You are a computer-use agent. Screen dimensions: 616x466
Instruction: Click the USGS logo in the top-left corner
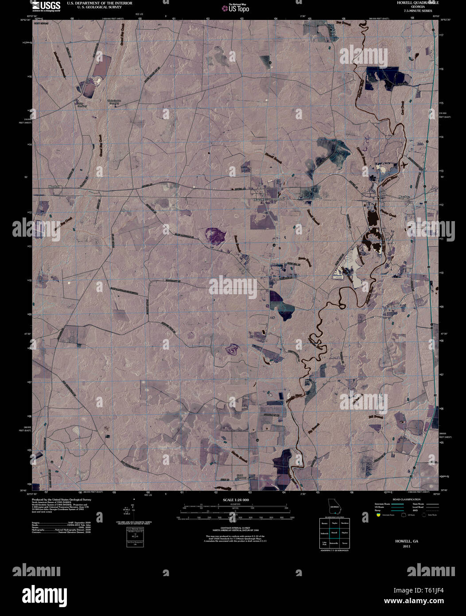click(46, 6)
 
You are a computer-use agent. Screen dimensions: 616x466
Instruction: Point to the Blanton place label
click(52, 187)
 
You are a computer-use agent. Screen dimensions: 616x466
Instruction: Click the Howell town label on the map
click(258, 200)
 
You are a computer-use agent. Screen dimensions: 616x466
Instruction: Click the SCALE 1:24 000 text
click(233, 500)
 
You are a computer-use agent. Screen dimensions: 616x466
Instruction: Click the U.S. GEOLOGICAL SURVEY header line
click(94, 7)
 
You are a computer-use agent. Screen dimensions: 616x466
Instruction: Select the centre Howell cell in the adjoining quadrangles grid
click(334, 532)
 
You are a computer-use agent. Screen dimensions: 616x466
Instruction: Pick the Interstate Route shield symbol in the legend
click(378, 515)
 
